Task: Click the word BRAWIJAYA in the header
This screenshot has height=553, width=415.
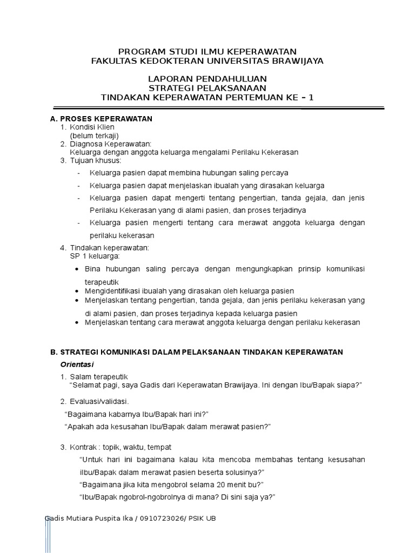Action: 296,61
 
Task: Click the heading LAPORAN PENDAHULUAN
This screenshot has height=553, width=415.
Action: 207,79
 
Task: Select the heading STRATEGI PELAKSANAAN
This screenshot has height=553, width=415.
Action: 207,88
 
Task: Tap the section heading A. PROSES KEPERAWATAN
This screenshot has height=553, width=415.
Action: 101,118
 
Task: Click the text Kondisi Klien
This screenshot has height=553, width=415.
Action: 92,127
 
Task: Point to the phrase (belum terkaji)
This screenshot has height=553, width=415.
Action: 94,136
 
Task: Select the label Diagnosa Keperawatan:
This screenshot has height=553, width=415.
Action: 111,144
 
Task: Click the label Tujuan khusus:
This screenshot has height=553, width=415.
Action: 95,160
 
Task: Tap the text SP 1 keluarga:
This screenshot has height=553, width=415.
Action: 94,255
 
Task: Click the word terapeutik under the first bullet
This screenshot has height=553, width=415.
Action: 102,282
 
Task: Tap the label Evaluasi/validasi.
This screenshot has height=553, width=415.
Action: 99,401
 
